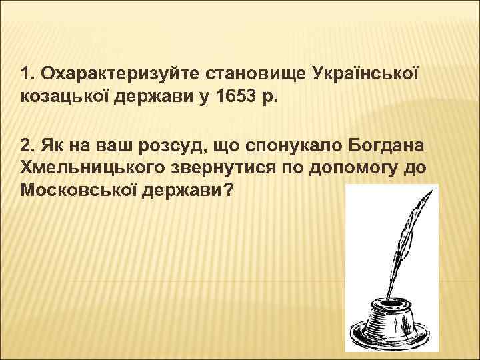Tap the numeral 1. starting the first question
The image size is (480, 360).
click(27, 72)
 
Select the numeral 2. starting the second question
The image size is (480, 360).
click(28, 145)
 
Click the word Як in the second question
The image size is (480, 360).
click(51, 145)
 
